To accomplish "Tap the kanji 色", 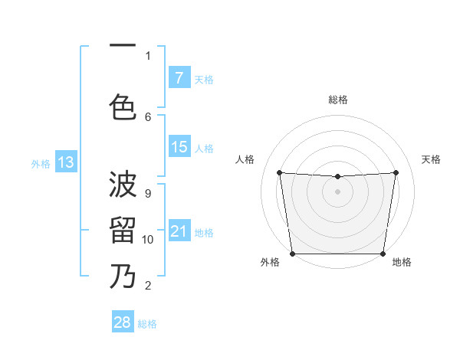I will [123, 106].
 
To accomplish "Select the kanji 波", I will [123, 185].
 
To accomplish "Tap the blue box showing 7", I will [179, 78].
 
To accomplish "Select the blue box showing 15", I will [179, 147].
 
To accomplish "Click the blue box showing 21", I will [179, 231].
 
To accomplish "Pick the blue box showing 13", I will [65, 162].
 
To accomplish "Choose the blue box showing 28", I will [123, 322].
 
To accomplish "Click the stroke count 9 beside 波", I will [148, 193].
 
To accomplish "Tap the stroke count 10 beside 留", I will [148, 239].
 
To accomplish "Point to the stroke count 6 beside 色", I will [148, 116].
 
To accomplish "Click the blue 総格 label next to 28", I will [147, 324].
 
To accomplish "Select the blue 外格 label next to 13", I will [40, 163].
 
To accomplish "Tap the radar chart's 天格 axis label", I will [432, 159].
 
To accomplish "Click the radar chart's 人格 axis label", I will [245, 159].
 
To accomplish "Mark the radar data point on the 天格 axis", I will [396, 172].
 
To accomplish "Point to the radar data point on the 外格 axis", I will [292, 254].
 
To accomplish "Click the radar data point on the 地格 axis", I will [383, 254].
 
